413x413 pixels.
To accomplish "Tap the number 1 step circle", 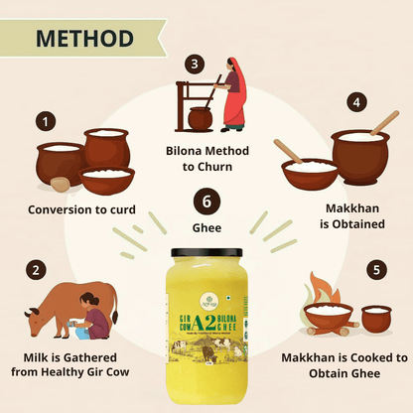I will pos(43,122).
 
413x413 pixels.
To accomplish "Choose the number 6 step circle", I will pos(206,202).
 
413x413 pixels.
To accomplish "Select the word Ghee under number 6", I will pos(206,227).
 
